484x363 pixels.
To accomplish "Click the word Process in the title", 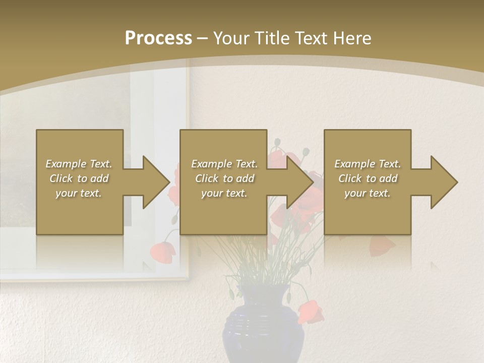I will tap(158, 38).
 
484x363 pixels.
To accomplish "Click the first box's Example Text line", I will tap(79, 164).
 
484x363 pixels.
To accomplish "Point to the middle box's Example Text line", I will tap(224, 164).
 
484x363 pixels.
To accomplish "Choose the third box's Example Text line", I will tap(368, 164).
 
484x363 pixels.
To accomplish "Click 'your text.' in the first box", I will tap(79, 193).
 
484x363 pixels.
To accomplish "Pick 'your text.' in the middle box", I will tap(224, 193).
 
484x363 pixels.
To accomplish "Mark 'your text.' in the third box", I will tap(368, 193).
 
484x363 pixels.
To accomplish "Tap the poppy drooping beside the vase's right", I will tap(310, 312).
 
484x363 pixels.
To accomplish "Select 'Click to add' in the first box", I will tap(79, 178).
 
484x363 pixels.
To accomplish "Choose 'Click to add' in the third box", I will tap(368, 178).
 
